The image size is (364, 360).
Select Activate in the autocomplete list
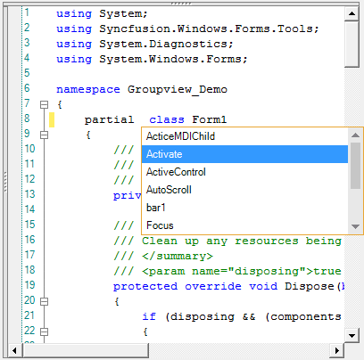pyautogui.click(x=164, y=154)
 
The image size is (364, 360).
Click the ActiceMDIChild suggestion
pyautogui.click(x=180, y=136)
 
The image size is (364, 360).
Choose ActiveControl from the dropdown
pyautogui.click(x=176, y=172)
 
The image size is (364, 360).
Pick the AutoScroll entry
pyautogui.click(x=169, y=190)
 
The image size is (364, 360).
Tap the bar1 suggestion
pyautogui.click(x=155, y=208)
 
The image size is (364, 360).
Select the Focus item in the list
pyautogui.click(x=160, y=225)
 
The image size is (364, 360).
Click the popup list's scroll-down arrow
pyautogui.click(x=355, y=226)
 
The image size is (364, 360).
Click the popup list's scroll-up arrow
pyautogui.click(x=355, y=135)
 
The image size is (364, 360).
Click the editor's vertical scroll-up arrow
pyautogui.click(x=352, y=13)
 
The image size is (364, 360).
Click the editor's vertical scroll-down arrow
pyautogui.click(x=352, y=336)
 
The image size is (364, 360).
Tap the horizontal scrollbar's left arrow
pyautogui.click(x=14, y=350)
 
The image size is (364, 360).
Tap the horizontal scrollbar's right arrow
pyautogui.click(x=337, y=350)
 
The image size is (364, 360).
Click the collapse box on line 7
pyautogui.click(x=44, y=104)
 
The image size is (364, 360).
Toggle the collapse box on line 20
pyautogui.click(x=44, y=301)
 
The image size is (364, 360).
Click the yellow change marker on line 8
pyautogui.click(x=52, y=119)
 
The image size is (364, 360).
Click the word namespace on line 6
pyautogui.click(x=88, y=89)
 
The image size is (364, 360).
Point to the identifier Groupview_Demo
pyautogui.click(x=178, y=89)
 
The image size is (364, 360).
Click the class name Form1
pyautogui.click(x=210, y=119)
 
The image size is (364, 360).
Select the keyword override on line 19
pyautogui.click(x=213, y=286)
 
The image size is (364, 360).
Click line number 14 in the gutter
pyautogui.click(x=29, y=209)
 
